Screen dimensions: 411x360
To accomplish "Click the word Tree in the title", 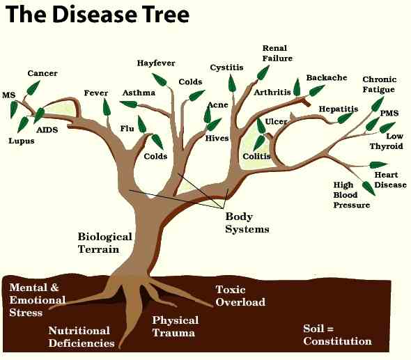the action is [x=166, y=14].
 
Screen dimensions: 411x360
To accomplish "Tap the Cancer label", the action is [x=42, y=73].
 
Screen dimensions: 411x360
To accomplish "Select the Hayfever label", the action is [x=156, y=63].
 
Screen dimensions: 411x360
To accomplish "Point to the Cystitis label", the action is [x=226, y=68].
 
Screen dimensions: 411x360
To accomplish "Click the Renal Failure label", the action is [x=277, y=53].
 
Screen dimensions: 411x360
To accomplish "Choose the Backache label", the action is [x=327, y=77].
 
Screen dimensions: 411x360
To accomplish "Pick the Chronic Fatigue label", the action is [x=379, y=84].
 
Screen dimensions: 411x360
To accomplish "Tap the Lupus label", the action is [x=22, y=141].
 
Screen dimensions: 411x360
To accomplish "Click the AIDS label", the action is [x=47, y=130].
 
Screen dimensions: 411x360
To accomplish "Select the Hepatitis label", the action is [x=339, y=109].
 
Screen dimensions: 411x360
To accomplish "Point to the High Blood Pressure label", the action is [x=352, y=195].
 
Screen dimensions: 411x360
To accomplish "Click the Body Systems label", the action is [x=247, y=223].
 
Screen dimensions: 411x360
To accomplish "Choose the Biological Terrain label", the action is [x=105, y=243].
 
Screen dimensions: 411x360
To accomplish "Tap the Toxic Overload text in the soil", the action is [x=240, y=296].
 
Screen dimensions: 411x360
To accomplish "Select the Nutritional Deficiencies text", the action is [x=82, y=337].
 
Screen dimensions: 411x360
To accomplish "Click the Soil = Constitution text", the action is [x=337, y=335].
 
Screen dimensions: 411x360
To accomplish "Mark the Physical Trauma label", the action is [x=176, y=327].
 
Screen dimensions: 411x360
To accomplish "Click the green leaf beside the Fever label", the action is [x=107, y=107].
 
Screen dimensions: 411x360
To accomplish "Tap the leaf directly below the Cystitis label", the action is [x=231, y=83].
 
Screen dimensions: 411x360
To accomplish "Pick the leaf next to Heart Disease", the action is [x=378, y=165].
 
